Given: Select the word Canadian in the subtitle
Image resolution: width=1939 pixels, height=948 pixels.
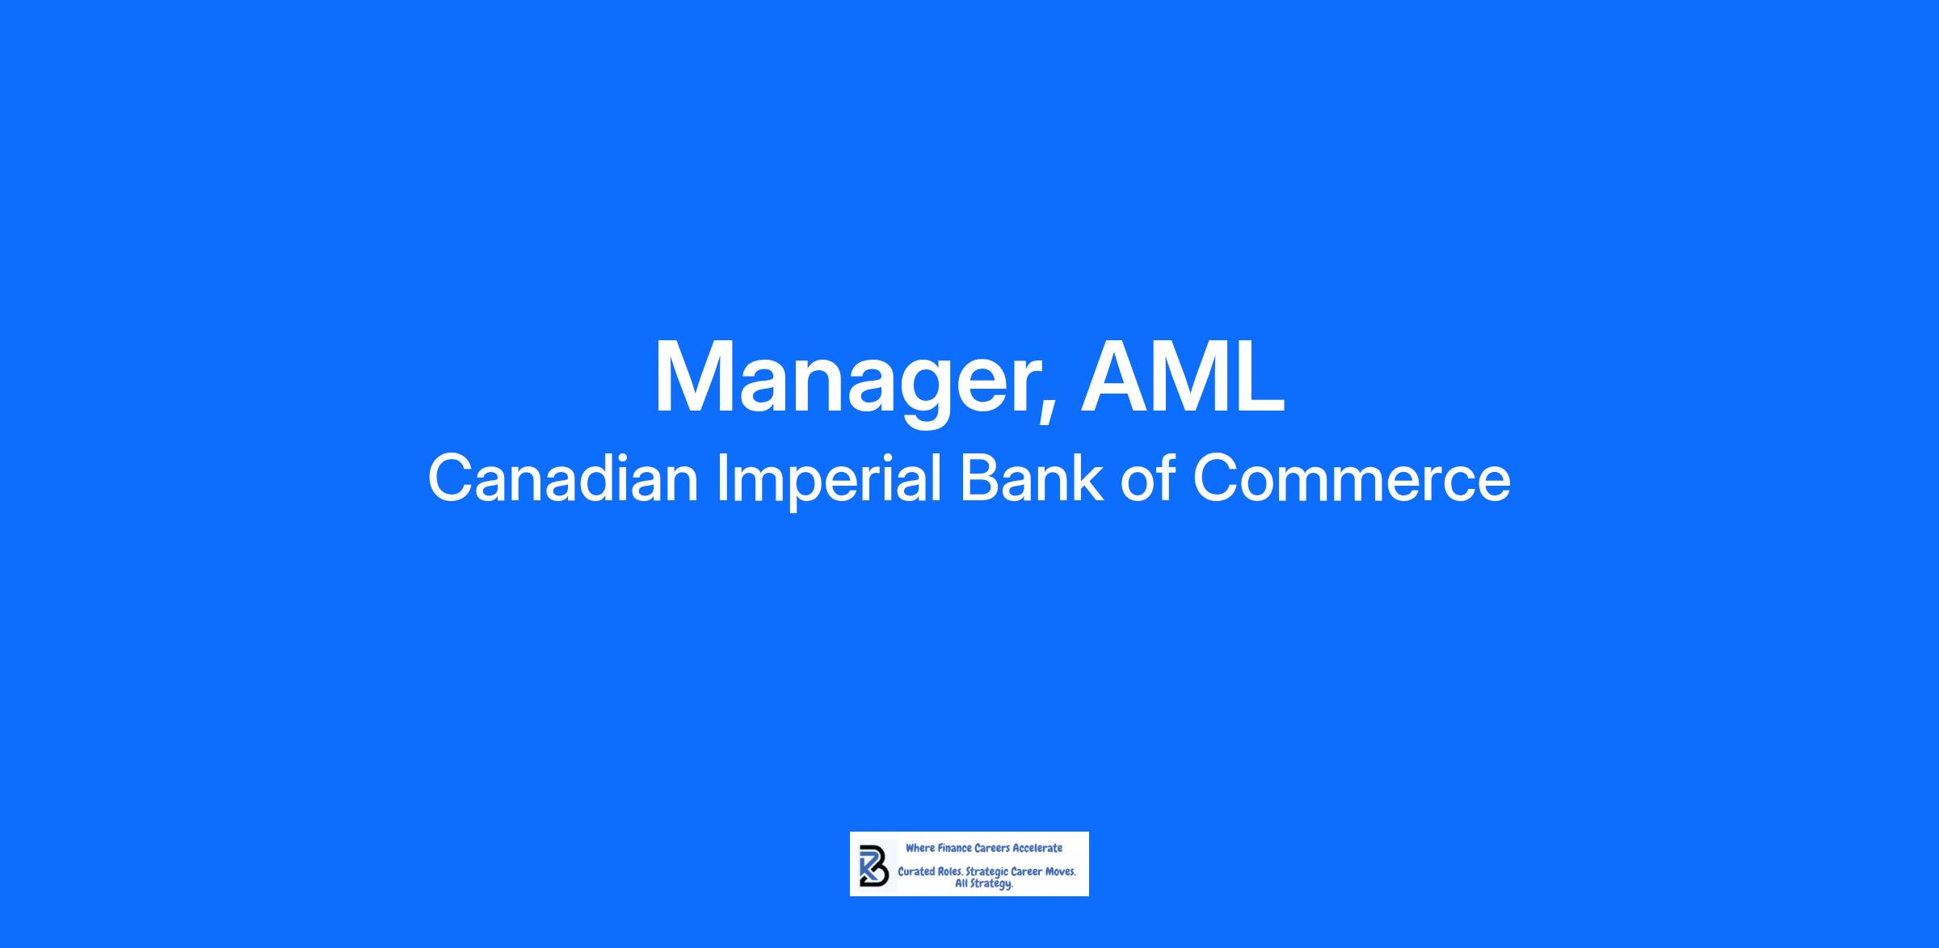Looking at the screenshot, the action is tap(563, 478).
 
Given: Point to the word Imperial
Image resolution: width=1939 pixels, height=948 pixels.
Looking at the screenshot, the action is tap(829, 482).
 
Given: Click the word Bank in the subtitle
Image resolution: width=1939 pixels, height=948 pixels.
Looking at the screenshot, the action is tap(1031, 478).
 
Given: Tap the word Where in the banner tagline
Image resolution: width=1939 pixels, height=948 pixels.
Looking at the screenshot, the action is tap(919, 848).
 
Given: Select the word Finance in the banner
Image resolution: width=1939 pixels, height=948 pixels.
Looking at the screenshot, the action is tap(954, 848).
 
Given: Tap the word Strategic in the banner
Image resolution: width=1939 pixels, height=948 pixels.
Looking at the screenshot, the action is tap(987, 874).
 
